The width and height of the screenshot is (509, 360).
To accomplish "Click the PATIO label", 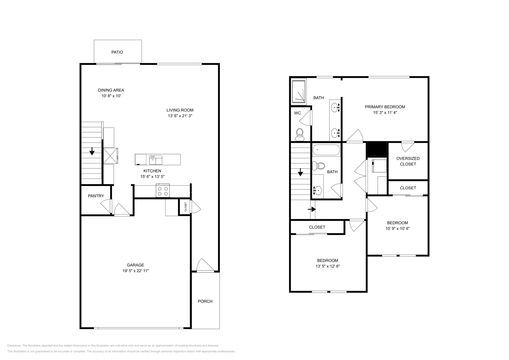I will (117, 52).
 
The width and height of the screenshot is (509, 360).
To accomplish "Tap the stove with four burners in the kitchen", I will (163, 191).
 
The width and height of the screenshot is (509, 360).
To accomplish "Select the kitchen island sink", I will (156, 159).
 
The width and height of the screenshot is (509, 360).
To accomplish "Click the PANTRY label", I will (96, 196).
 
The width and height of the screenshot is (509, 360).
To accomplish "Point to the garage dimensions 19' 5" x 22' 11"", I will (136, 271).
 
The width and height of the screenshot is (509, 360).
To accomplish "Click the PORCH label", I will (205, 301).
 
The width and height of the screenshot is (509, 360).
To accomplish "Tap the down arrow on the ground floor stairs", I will (92, 151).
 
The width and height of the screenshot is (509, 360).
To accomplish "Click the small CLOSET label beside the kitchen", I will (185, 207).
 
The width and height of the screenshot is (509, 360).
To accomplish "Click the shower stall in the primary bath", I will (299, 91).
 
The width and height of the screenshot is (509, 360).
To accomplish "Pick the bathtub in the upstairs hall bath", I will (326, 149).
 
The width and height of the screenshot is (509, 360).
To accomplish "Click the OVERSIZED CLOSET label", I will (408, 161).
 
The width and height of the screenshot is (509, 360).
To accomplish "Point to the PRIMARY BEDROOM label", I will (385, 107).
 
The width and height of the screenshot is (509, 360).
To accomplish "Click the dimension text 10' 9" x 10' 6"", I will (397, 228).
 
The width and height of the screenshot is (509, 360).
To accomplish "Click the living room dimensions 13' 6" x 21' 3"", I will (180, 116).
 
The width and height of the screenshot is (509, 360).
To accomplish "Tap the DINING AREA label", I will (111, 90).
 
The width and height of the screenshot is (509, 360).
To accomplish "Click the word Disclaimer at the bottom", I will (14, 345).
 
